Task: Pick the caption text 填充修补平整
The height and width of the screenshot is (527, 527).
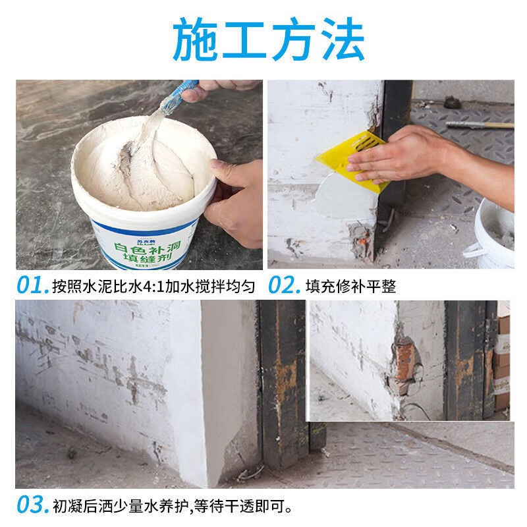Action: point(350,286)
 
